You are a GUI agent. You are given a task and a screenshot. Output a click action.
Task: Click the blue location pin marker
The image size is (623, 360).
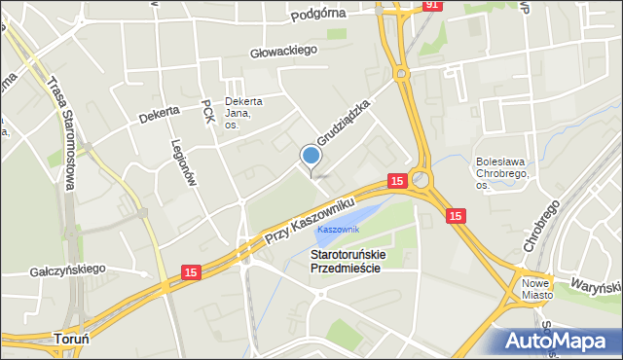[311, 157]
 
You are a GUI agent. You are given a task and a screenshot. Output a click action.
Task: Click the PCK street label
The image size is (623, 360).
[206, 111]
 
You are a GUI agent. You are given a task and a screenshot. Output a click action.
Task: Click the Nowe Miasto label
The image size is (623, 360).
[536, 288]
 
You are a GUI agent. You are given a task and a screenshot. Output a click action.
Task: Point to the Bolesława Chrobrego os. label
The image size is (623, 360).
[503, 173]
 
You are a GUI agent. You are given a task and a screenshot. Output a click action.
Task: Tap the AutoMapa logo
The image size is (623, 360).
[563, 340]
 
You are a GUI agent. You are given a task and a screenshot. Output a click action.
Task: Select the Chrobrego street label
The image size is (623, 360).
[542, 229]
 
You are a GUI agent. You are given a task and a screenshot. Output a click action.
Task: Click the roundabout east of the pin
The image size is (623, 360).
[421, 179]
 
